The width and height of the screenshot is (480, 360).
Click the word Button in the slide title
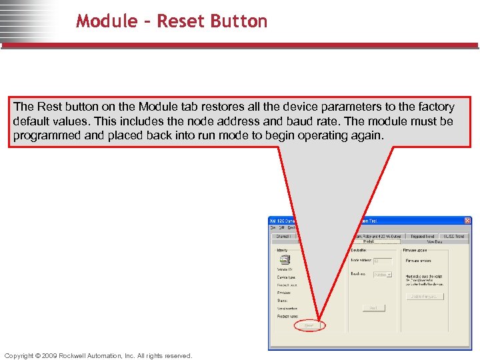tap(239, 21)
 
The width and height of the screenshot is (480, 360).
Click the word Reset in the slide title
tap(182, 21)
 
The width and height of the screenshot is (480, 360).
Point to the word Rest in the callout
tap(49, 107)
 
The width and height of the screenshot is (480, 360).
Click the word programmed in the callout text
tap(45, 135)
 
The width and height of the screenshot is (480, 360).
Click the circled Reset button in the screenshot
tap(309, 325)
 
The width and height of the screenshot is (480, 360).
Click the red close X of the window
tap(467, 221)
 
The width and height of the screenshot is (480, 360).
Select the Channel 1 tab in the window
tap(284, 236)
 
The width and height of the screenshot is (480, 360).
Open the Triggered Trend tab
tap(423, 236)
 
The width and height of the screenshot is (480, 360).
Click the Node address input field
tap(383, 261)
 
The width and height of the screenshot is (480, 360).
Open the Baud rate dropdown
tap(383, 275)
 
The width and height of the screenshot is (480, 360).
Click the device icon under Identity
tap(284, 260)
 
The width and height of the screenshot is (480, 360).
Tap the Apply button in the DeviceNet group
tap(373, 308)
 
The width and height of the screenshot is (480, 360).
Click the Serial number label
tap(287, 309)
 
